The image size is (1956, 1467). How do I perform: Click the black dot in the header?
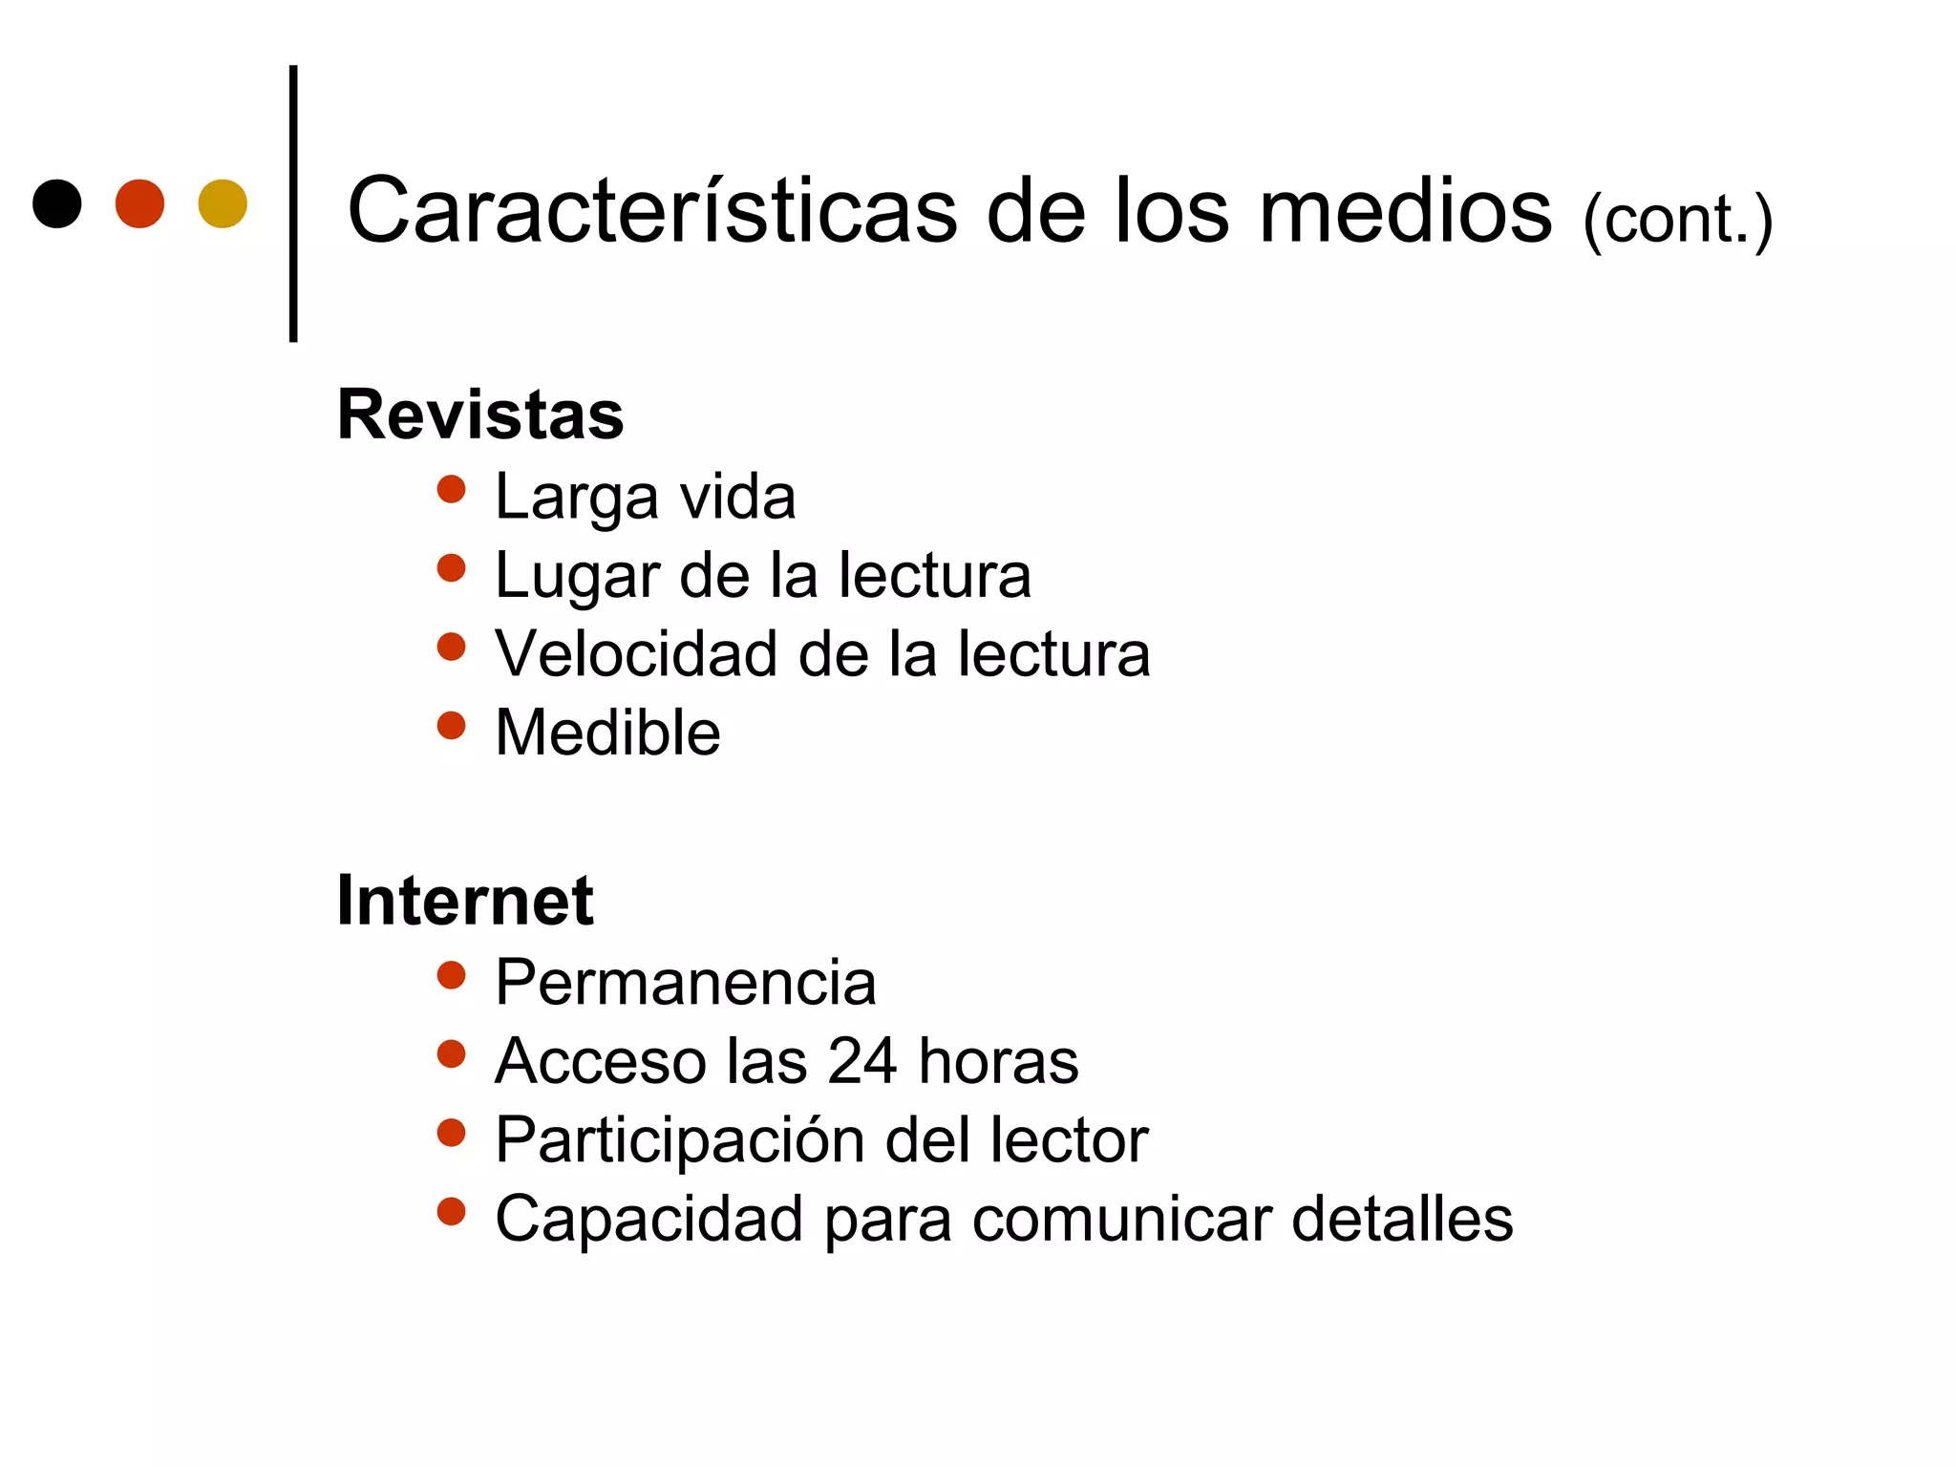pyautogui.click(x=56, y=203)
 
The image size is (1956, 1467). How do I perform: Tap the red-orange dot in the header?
pyautogui.click(x=139, y=203)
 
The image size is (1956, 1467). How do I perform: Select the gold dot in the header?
pyautogui.click(x=223, y=203)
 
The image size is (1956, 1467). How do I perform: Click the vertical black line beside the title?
pyautogui.click(x=293, y=203)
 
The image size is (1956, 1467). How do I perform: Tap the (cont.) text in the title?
pyautogui.click(x=1677, y=220)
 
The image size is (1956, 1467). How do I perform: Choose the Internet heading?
pyautogui.click(x=465, y=901)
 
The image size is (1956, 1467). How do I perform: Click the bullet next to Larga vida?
pyautogui.click(x=451, y=490)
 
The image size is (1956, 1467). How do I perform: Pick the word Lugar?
pyautogui.click(x=577, y=577)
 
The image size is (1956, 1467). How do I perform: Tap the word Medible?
pyautogui.click(x=607, y=733)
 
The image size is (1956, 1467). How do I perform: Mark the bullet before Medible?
pyautogui.click(x=451, y=726)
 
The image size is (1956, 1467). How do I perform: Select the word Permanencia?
pyautogui.click(x=685, y=983)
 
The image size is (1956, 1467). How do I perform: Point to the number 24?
pyautogui.click(x=862, y=1060)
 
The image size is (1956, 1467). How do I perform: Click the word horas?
pyautogui.click(x=998, y=1060)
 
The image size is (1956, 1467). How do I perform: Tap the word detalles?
pyautogui.click(x=1402, y=1219)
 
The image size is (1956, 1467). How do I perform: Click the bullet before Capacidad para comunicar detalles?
pyautogui.click(x=451, y=1212)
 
